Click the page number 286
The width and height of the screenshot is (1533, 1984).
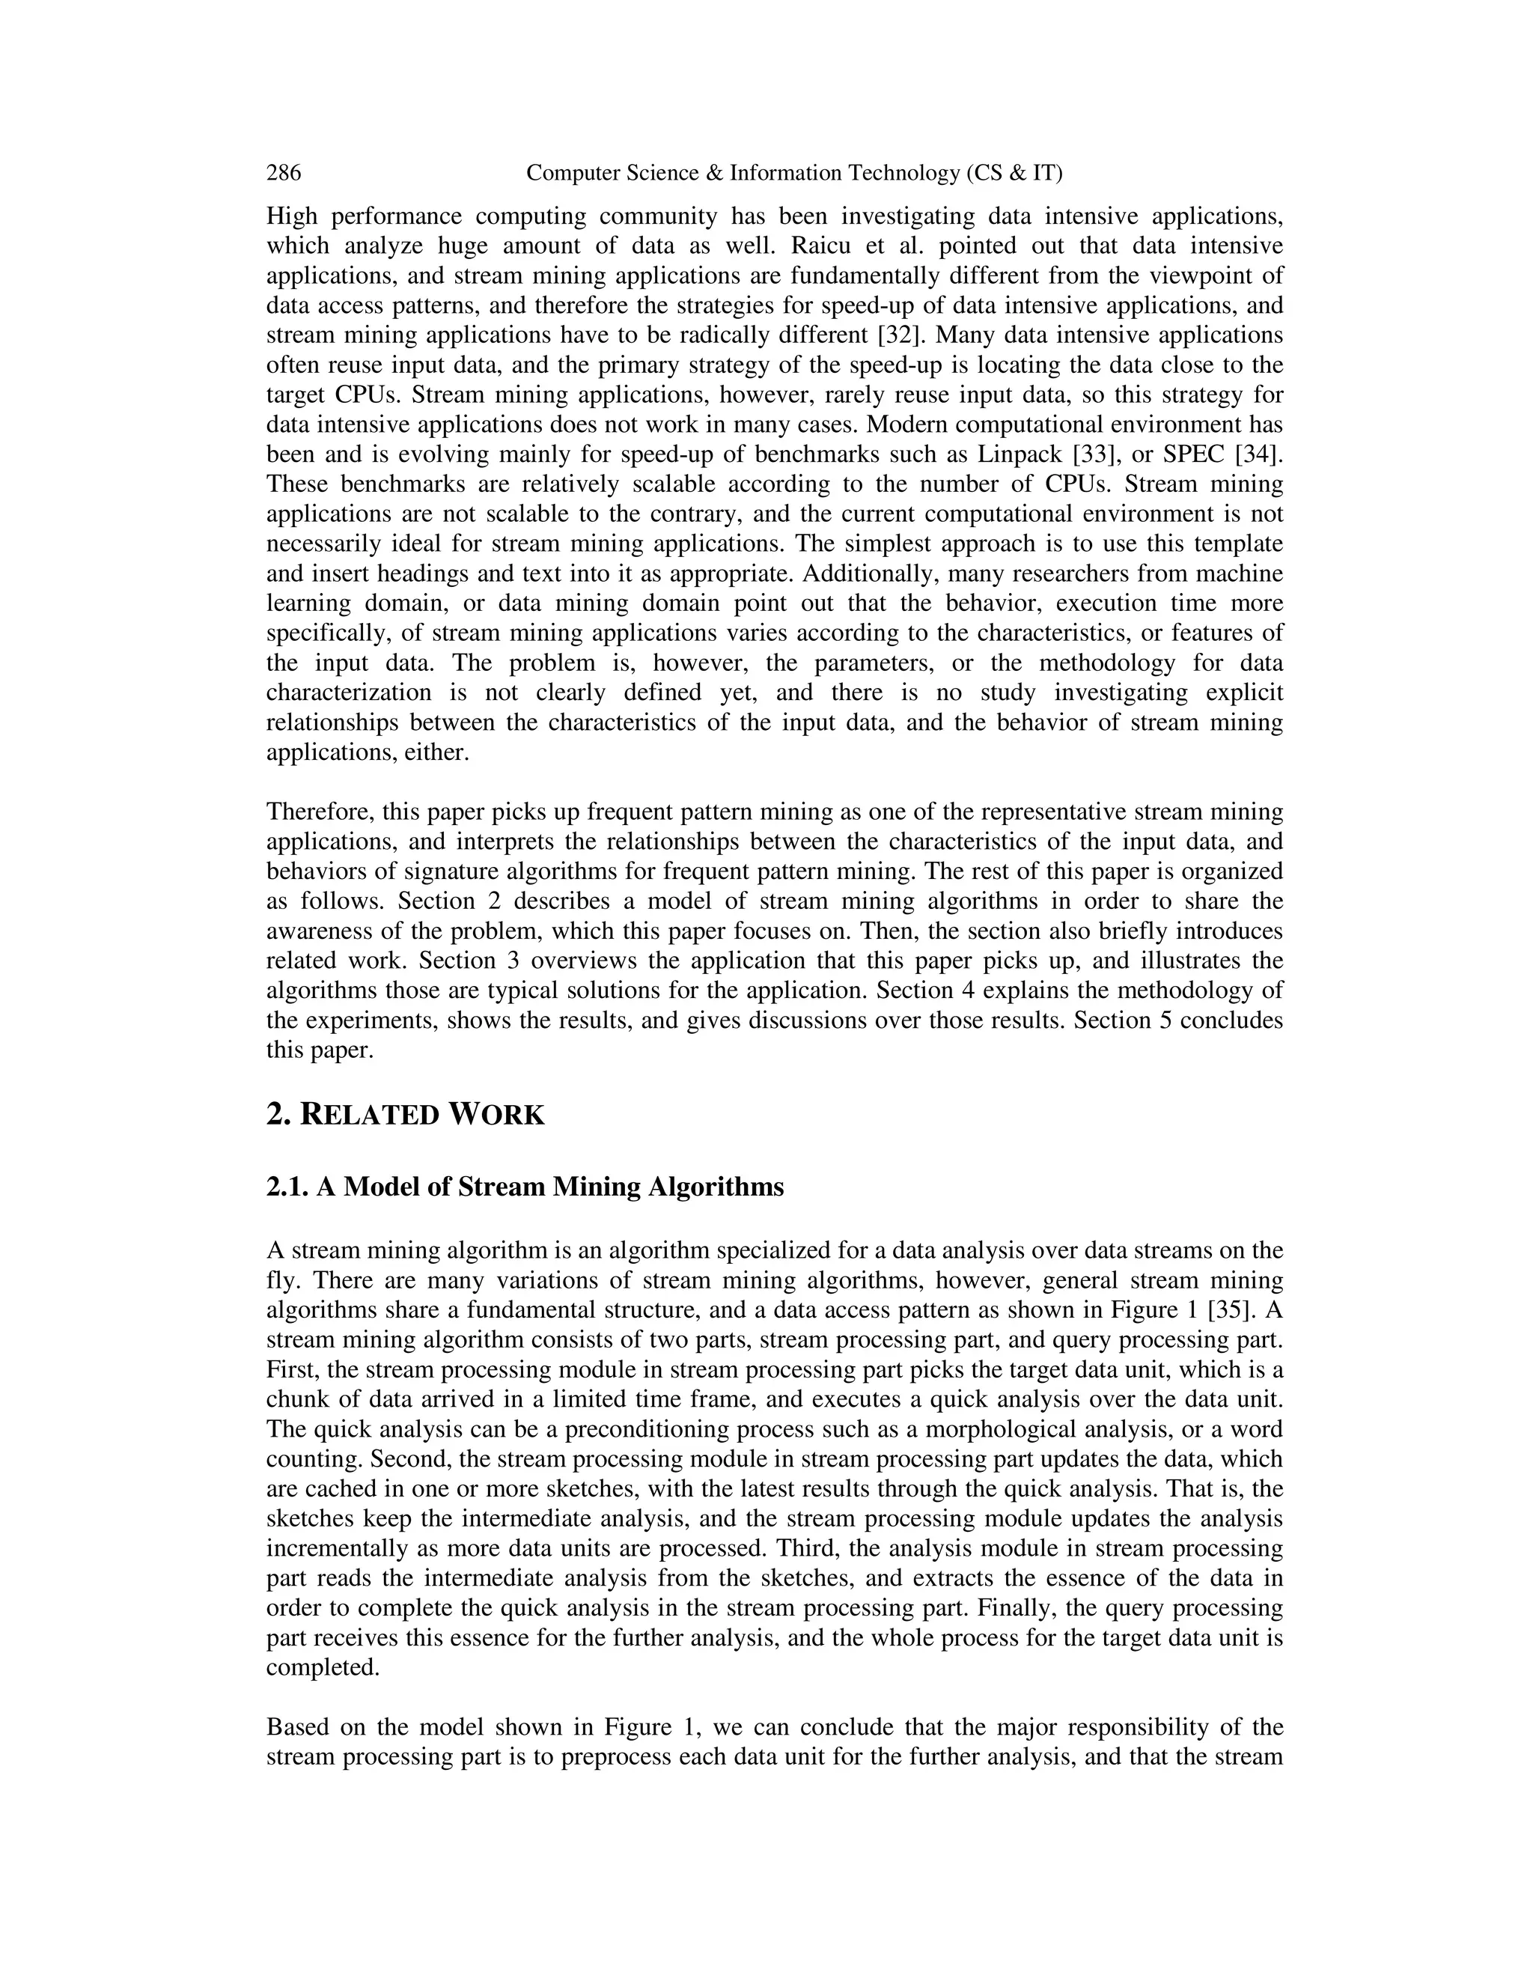[x=284, y=173]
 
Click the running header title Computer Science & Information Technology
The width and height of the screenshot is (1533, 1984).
[x=793, y=173]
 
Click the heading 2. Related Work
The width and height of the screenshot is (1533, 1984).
[x=405, y=1115]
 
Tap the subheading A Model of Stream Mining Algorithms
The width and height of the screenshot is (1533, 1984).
[x=549, y=1187]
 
